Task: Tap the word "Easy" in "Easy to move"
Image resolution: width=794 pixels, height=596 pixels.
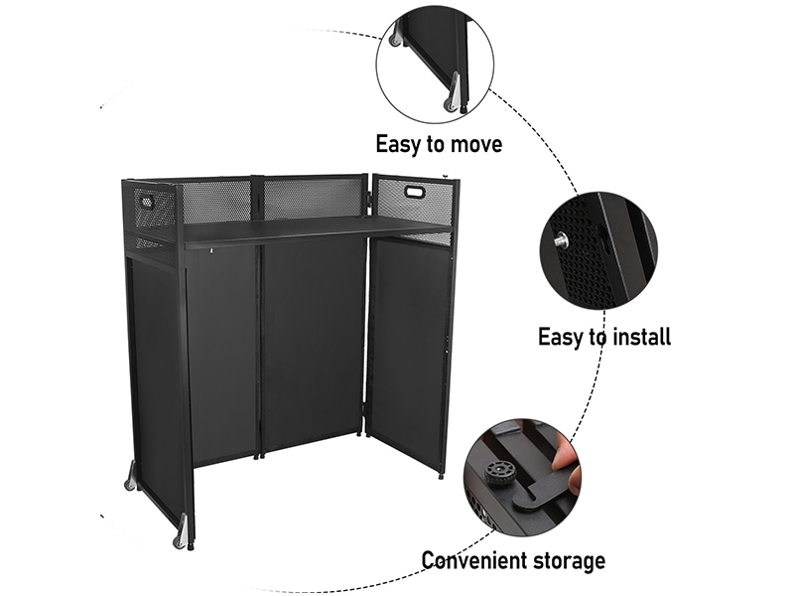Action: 401,144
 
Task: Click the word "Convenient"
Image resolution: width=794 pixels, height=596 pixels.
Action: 474,560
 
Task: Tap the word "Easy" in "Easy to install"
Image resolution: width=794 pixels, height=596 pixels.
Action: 563,336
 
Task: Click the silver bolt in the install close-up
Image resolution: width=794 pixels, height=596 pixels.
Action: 561,240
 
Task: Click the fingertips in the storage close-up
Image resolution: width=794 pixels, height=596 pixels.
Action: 563,455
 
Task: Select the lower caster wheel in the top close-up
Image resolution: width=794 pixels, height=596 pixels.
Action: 453,99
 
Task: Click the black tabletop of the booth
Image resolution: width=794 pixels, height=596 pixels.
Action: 298,229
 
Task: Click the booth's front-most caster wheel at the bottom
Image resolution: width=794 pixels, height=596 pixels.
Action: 181,540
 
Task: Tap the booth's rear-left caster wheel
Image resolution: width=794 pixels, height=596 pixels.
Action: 129,483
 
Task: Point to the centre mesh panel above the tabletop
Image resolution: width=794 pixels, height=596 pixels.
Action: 314,197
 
